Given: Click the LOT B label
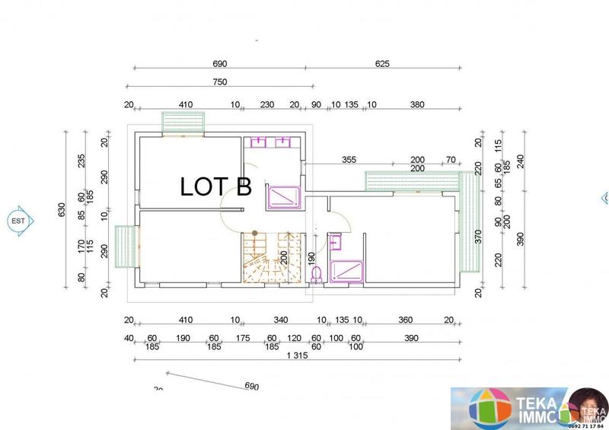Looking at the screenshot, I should pos(215,186).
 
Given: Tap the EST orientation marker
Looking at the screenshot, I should pos(18,221).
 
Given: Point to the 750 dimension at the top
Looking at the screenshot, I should pos(219,82).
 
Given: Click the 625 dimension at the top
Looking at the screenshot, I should pos(382,65).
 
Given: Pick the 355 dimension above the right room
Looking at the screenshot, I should pos(349,161).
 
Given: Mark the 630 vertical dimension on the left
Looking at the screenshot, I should pos(62,209).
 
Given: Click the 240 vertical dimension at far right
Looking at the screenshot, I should pos(521,161).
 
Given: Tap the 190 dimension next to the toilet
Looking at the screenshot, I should pos(311,257).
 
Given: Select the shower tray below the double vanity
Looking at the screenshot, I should pos(284,196).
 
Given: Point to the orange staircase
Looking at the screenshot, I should pos(266,257).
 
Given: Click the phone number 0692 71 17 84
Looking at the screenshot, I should pos(590,426).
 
